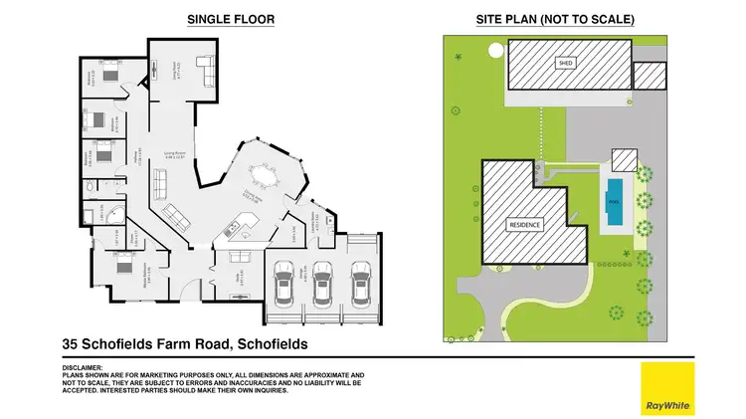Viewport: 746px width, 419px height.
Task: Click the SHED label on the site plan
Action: coord(566,63)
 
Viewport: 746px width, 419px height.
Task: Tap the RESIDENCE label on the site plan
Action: coord(524,224)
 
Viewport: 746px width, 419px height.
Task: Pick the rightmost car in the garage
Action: coord(360,284)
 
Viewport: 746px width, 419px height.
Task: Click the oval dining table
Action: coord(264,179)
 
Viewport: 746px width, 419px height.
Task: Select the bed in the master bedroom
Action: coord(124,267)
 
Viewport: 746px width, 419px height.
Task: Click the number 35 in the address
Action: coord(71,344)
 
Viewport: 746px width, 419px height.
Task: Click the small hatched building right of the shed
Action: coord(649,75)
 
